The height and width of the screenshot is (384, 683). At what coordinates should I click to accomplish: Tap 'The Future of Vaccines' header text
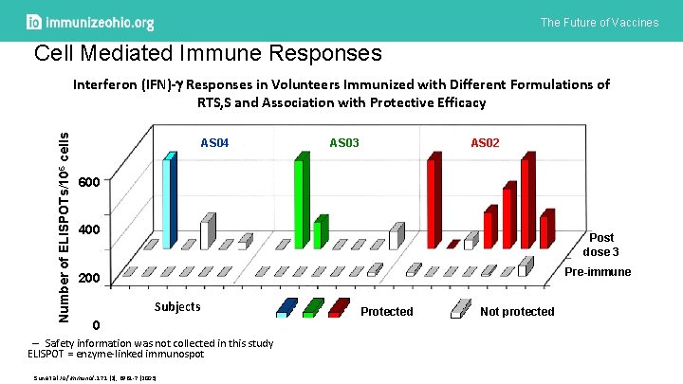point(599,22)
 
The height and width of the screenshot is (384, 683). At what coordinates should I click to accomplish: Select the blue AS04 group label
point(215,142)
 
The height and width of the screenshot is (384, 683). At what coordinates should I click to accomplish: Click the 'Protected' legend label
point(387,311)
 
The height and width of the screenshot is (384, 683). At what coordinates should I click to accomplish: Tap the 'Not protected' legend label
point(517,311)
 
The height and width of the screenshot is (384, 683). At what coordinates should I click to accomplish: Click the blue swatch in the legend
point(286,307)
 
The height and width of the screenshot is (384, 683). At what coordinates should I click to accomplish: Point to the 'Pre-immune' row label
point(598,272)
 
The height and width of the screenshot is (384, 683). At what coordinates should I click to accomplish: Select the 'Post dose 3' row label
point(601,245)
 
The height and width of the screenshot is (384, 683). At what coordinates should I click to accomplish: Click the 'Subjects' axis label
point(177,306)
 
